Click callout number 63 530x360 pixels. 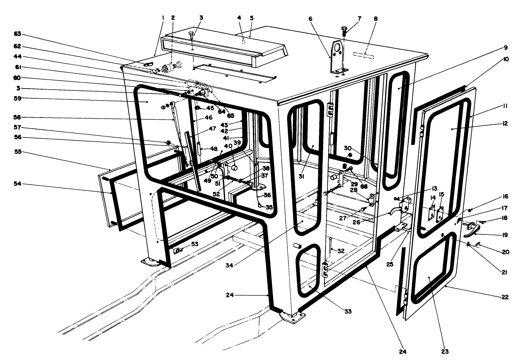click(x=17, y=34)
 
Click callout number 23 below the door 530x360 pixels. click(x=445, y=352)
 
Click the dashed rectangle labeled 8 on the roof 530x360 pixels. click(x=363, y=55)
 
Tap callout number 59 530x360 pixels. click(x=17, y=98)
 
